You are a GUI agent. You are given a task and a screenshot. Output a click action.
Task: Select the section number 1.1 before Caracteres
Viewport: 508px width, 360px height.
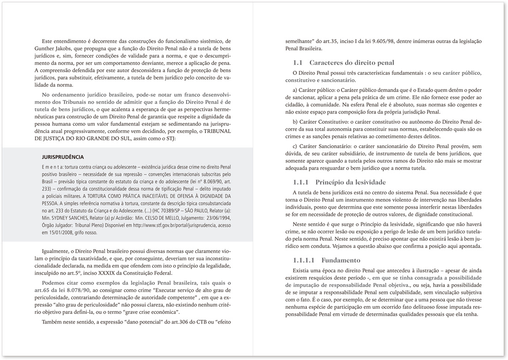[298, 62]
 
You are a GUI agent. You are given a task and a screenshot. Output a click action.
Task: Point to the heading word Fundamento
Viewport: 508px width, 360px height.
[341, 260]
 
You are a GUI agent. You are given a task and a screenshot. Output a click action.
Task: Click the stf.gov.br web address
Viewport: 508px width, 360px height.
[163, 226]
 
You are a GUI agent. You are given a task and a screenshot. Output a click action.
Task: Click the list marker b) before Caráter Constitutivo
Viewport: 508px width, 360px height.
[296, 121]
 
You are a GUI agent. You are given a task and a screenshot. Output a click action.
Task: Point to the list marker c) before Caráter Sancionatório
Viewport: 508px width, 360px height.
[295, 146]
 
